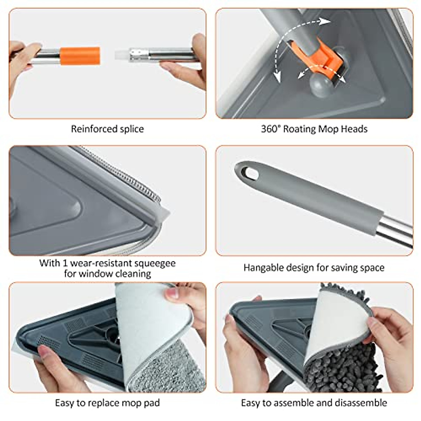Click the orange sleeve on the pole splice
click(80, 56)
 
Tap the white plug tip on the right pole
click(120, 55)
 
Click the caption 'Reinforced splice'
click(107, 129)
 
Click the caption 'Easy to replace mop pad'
click(107, 403)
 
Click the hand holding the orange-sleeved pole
click(22, 58)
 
